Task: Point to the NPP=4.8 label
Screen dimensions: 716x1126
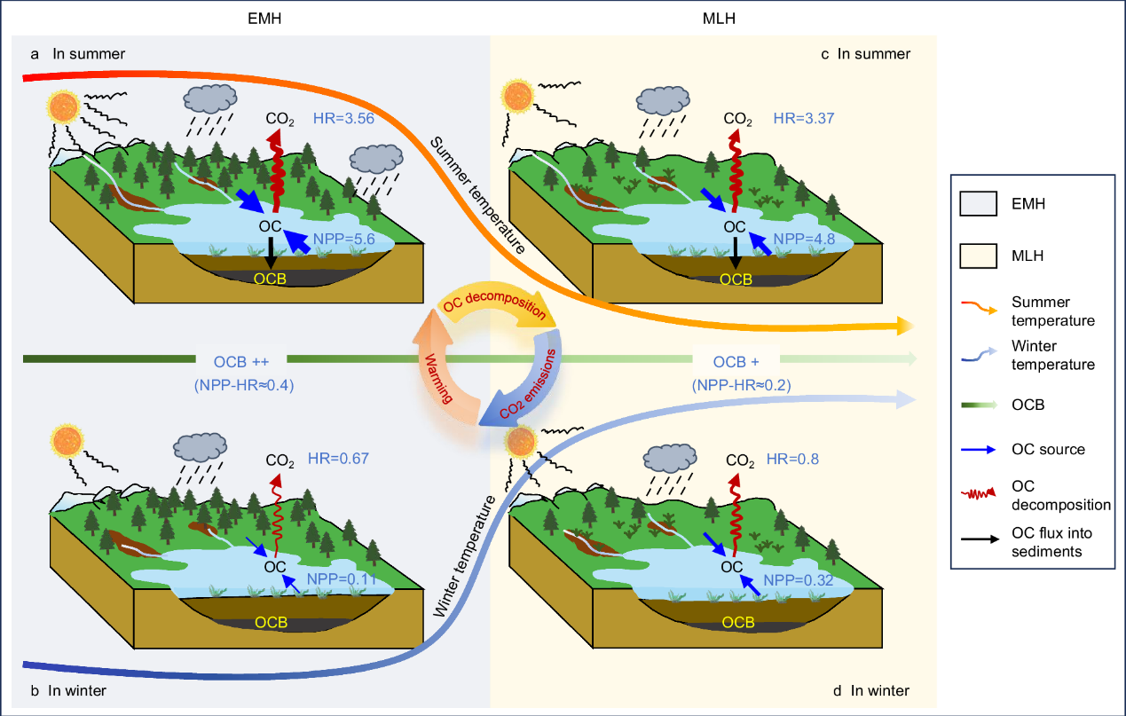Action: [x=796, y=238]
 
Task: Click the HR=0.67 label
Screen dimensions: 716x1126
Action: [x=338, y=459]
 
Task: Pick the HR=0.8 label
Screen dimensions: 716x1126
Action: [x=793, y=460]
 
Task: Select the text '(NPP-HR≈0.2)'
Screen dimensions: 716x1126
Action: [x=740, y=384]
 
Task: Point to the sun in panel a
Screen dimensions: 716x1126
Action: [x=64, y=108]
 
